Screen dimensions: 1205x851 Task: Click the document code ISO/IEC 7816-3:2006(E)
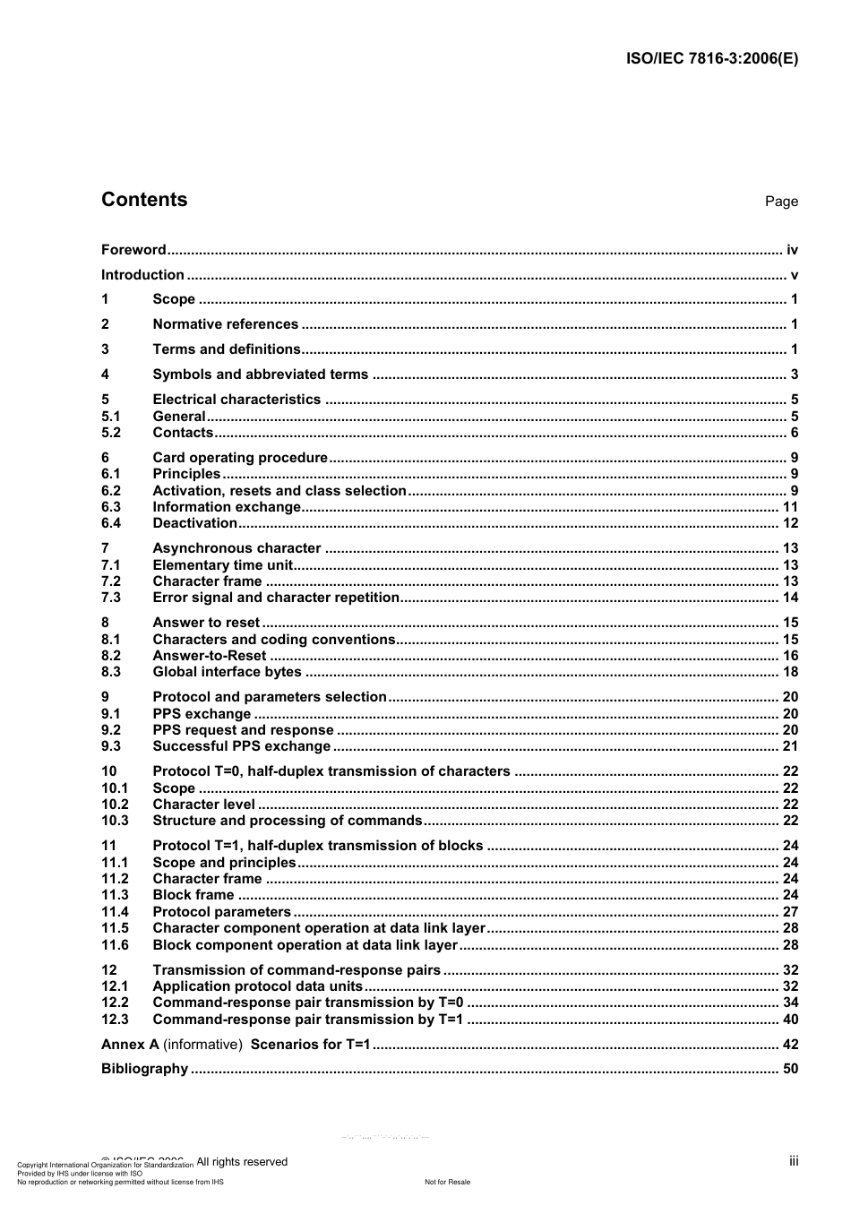711,59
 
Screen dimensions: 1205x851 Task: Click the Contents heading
144,200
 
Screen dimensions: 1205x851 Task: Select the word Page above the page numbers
781,202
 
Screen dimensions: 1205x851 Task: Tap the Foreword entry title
133,250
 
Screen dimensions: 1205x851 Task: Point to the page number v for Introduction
794,275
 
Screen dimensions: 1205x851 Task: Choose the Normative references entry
225,324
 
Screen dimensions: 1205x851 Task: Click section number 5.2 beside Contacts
111,433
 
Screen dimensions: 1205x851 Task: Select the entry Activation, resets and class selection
279,491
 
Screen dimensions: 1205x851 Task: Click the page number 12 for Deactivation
790,523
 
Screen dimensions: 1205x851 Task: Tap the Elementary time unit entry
222,565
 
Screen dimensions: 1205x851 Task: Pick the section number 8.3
111,672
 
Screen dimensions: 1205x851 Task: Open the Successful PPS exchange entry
241,746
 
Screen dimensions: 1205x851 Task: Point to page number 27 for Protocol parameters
790,912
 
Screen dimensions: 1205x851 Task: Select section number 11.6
115,945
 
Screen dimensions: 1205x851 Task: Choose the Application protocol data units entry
257,986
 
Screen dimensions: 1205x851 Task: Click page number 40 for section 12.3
790,1020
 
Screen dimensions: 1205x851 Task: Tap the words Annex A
130,1045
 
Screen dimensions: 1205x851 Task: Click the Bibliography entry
144,1069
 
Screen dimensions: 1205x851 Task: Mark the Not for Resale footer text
447,1182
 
